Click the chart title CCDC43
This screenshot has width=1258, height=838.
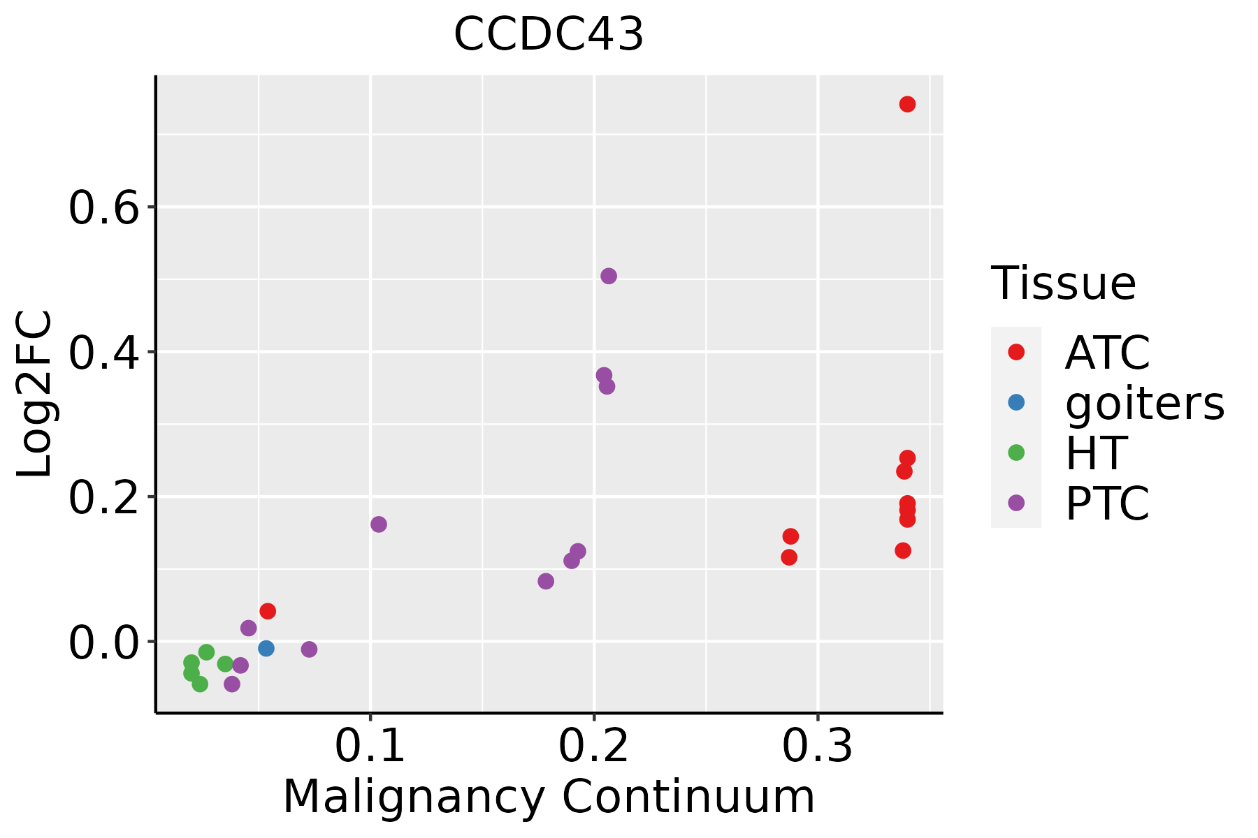pyautogui.click(x=549, y=35)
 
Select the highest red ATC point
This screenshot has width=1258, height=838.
pyautogui.click(x=907, y=104)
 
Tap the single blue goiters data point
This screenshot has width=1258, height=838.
pyautogui.click(x=266, y=648)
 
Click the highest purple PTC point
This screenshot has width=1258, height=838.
pyautogui.click(x=609, y=276)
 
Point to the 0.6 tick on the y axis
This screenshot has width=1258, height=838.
pyautogui.click(x=105, y=207)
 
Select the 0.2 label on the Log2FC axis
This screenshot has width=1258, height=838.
pyautogui.click(x=105, y=497)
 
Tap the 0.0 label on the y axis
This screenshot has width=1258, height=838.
pyautogui.click(x=105, y=642)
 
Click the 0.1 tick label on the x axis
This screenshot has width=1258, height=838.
pyautogui.click(x=370, y=747)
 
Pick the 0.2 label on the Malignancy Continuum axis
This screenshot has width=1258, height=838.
pyautogui.click(x=593, y=747)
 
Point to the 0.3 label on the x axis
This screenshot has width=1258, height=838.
pyautogui.click(x=817, y=747)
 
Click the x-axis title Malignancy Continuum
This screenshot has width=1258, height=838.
pyautogui.click(x=549, y=797)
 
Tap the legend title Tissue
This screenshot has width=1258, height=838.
pyautogui.click(x=1064, y=284)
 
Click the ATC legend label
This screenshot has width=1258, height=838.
pyautogui.click(x=1107, y=353)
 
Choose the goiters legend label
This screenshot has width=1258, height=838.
pyautogui.click(x=1144, y=403)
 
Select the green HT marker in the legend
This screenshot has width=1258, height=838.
pyautogui.click(x=1016, y=453)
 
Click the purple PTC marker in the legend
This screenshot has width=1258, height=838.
pyautogui.click(x=1016, y=503)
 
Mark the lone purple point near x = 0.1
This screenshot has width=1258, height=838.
pyautogui.click(x=379, y=524)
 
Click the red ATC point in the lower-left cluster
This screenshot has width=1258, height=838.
pyautogui.click(x=268, y=611)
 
